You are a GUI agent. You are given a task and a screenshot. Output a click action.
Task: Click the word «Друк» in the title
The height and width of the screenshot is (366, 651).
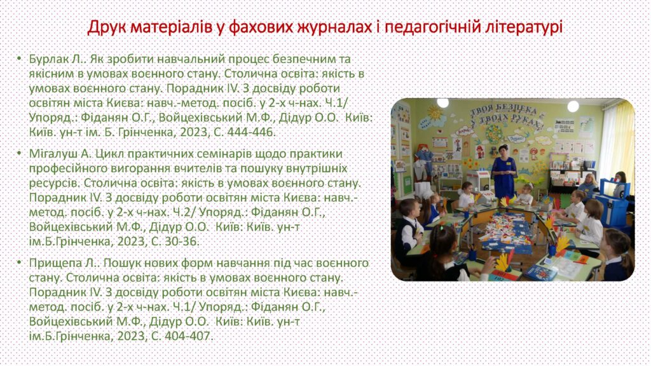click(107, 27)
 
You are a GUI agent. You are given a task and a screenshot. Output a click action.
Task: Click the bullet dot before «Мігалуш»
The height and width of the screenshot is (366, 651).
click(18, 154)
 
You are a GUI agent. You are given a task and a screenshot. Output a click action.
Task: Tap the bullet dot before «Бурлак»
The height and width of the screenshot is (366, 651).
click(18, 58)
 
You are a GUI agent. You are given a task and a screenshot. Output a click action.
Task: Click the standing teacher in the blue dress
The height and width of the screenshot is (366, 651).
click(504, 171)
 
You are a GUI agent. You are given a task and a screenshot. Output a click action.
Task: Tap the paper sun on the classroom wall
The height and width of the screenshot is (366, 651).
click(435, 113)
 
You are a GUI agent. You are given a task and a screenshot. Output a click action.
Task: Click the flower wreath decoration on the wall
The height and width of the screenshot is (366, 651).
click(494, 133)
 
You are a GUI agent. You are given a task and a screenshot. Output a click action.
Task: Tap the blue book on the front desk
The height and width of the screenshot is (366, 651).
click(539, 273)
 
